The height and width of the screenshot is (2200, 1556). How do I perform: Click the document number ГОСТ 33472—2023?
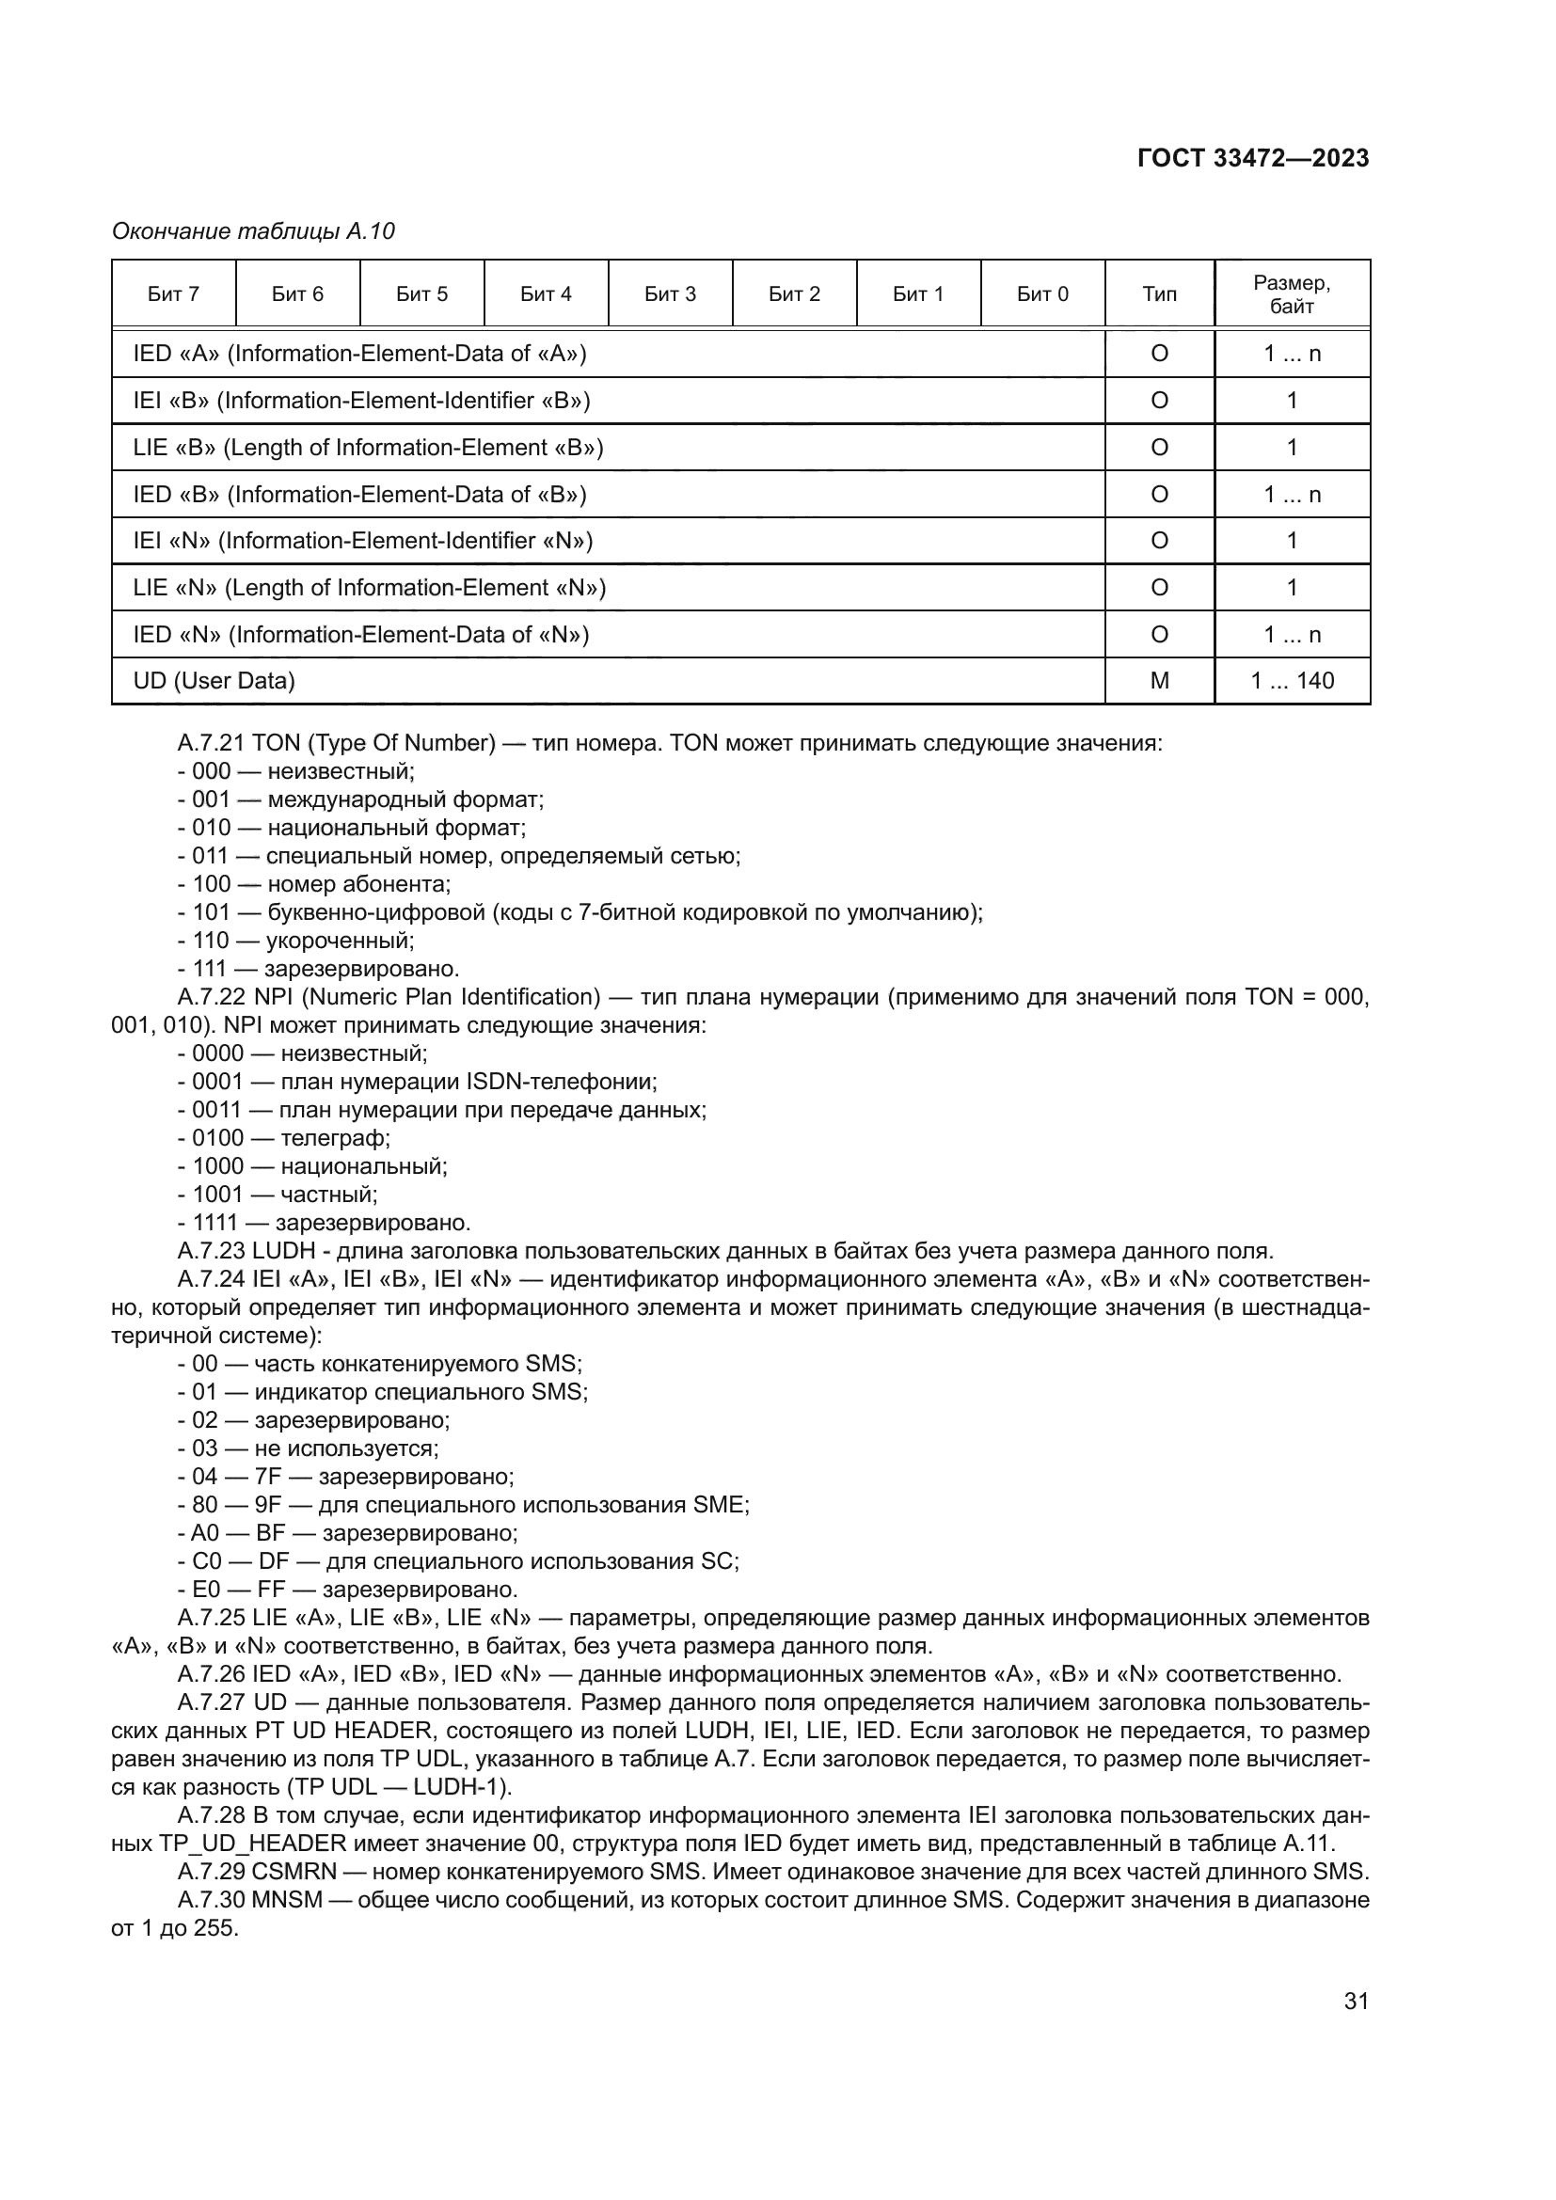[x=1252, y=159]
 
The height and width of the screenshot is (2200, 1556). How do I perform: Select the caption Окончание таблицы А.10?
[x=253, y=232]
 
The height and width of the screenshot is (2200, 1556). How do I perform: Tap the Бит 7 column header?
[x=173, y=294]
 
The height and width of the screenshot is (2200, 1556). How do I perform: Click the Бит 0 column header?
[x=1042, y=294]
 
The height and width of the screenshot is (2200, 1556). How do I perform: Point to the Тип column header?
[x=1159, y=294]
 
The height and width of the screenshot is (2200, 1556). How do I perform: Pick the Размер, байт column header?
[x=1292, y=294]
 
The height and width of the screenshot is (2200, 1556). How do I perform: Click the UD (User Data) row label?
[x=214, y=681]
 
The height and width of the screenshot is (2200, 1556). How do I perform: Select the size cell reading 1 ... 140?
[x=1292, y=681]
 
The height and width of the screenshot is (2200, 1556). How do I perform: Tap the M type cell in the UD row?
[x=1159, y=681]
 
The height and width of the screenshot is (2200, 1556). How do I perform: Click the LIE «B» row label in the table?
[x=368, y=448]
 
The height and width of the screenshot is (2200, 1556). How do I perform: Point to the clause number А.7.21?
[x=212, y=744]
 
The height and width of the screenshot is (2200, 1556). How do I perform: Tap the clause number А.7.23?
[x=212, y=1251]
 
